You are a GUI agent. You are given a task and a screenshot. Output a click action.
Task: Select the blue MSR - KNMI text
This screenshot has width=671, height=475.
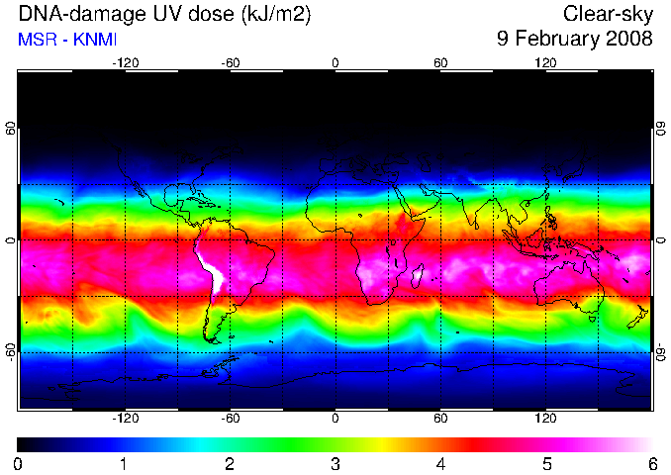coord(67,40)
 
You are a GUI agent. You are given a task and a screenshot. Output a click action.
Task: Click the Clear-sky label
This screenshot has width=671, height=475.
coord(608,15)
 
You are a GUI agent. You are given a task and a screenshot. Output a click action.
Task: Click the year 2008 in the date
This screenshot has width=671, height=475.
coord(630,38)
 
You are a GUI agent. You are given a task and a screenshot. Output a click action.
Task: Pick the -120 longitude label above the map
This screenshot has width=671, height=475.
coord(126,63)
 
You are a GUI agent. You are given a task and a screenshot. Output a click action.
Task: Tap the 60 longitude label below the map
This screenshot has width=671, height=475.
coord(440,418)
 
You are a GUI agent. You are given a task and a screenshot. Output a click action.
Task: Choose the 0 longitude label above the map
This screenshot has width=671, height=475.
coord(335,63)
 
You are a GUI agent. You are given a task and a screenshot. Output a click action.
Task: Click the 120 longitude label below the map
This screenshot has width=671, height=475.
coord(545,418)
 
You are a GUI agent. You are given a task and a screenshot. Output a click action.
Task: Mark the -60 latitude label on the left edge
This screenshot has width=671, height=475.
coord(11,351)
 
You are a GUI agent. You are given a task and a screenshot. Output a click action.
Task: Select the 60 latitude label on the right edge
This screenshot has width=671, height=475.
coord(661,128)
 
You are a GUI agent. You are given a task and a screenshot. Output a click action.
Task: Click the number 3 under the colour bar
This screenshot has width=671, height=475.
coord(335,464)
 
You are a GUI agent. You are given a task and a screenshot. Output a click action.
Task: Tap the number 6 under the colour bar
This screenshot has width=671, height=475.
coord(652,464)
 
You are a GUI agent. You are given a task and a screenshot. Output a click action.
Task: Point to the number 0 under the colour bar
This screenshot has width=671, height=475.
coord(18,464)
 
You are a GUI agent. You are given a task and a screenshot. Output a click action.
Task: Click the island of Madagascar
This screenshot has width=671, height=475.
coord(418,276)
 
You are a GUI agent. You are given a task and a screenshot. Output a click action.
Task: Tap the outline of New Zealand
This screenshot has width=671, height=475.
coord(638,317)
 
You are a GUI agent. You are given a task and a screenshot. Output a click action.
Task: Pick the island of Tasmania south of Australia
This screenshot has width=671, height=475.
coord(592,319)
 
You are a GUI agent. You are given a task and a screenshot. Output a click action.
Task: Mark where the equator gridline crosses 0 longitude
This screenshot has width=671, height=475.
coord(335,240)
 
